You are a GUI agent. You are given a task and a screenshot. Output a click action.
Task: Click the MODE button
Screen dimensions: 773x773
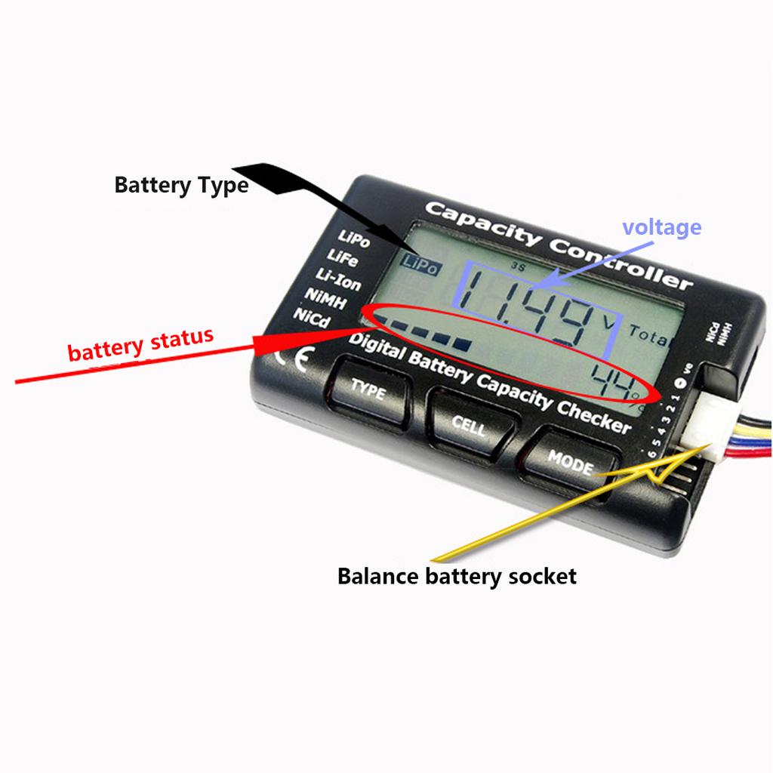click(x=570, y=462)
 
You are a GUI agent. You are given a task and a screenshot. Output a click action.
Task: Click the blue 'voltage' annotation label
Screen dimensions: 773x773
click(x=661, y=226)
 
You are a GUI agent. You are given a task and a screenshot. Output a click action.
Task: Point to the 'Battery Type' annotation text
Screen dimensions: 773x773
click(x=181, y=184)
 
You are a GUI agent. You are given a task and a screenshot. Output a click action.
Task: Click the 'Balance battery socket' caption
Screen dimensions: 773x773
click(x=456, y=577)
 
